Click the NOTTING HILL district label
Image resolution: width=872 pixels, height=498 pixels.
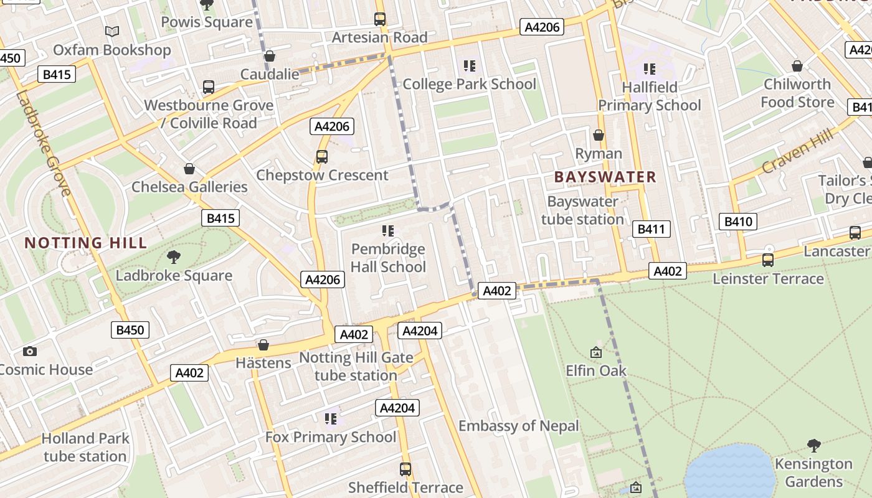pos(86,243)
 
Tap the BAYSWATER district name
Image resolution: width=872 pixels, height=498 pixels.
pos(605,177)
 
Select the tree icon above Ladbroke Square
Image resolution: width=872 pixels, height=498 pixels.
pos(174,256)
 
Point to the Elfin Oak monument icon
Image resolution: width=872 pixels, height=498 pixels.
pos(596,352)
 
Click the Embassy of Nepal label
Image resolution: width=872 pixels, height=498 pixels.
pos(519,426)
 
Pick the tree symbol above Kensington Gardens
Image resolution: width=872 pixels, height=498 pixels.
pos(813,445)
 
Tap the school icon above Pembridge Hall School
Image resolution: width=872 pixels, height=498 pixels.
pos(388,231)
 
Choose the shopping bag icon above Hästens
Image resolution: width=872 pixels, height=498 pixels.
pos(263,344)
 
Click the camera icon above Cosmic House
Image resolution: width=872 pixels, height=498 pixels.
pos(29,351)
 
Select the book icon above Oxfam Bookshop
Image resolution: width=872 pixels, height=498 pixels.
pos(111,31)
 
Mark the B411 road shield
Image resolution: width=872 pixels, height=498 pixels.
pos(652,229)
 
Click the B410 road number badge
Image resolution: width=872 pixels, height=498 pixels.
pos(739,222)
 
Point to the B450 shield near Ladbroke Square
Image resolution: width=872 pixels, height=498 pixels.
pos(130,330)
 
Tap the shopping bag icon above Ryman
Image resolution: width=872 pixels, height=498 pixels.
pos(599,135)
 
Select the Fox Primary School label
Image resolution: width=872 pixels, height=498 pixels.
pos(331,437)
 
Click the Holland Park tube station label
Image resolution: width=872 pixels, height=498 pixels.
pos(85,447)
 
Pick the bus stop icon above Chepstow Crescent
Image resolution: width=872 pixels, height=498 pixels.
pos(322,157)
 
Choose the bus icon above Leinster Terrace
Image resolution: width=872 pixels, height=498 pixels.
pos(768,260)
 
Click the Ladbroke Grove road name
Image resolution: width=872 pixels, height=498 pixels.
pos(42,143)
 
